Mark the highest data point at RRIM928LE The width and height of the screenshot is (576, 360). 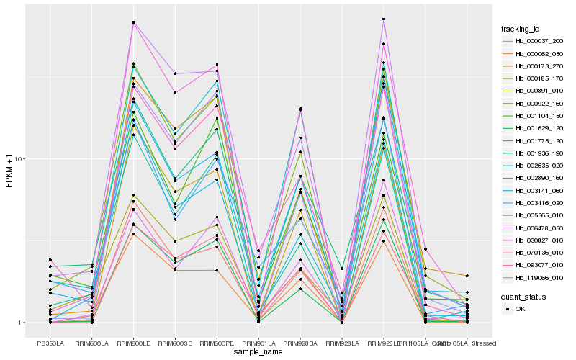pos(384,19)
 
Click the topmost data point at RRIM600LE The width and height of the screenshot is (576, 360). pos(133,22)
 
